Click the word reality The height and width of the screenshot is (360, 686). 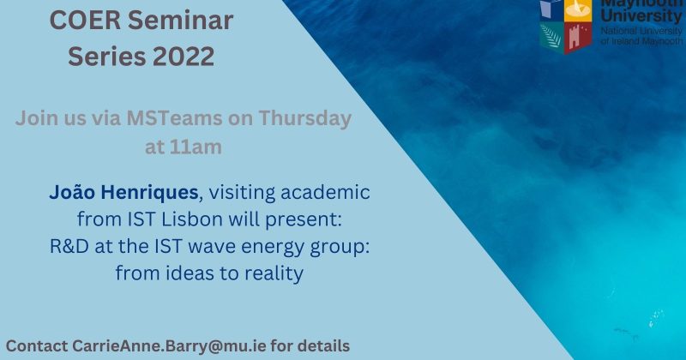[x=273, y=273]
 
